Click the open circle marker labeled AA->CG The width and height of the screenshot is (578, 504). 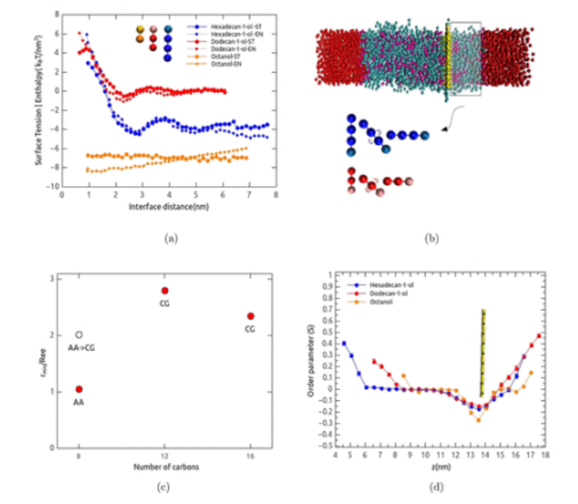click(x=80, y=335)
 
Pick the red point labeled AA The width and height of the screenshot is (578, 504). click(x=80, y=389)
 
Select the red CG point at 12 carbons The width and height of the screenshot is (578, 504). click(x=165, y=290)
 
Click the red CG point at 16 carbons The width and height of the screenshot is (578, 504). click(x=250, y=316)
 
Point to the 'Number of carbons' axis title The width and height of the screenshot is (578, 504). click(x=165, y=466)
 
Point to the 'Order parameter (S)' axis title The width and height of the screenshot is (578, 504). click(x=311, y=361)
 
